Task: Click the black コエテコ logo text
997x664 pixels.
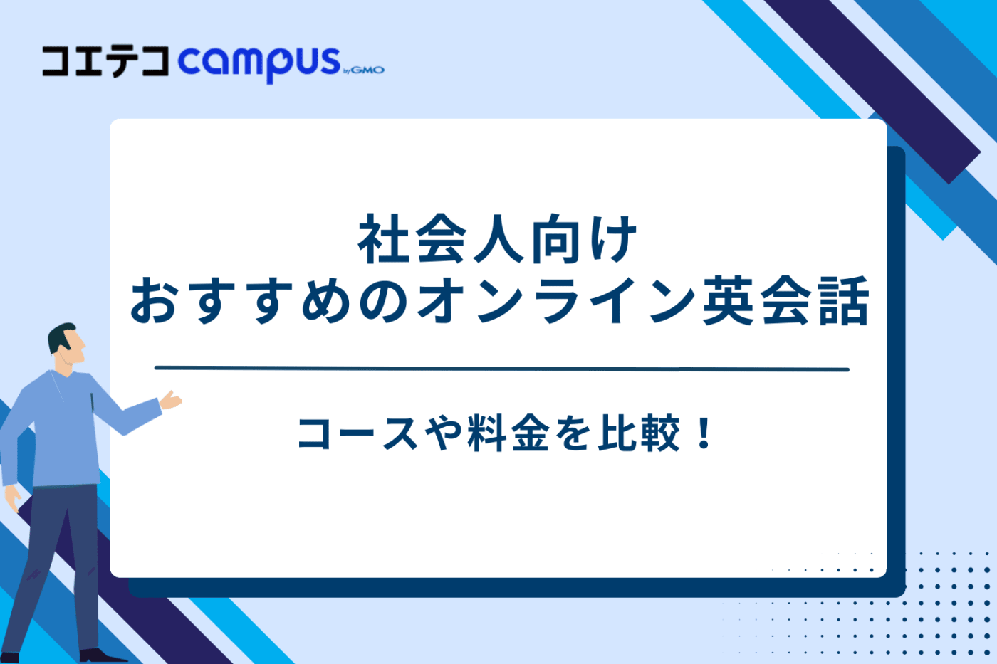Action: [x=105, y=61]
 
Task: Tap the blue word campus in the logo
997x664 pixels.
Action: [x=259, y=63]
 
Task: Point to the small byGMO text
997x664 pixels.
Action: [x=364, y=70]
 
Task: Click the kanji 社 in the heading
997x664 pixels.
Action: [x=383, y=240]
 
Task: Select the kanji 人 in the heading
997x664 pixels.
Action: [x=496, y=240]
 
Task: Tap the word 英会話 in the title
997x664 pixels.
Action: [x=785, y=301]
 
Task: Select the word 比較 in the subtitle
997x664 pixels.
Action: [x=639, y=433]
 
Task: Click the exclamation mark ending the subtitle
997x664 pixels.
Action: [x=704, y=433]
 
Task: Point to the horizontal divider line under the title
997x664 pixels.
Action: [x=501, y=369]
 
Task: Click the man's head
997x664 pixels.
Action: [x=66, y=345]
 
